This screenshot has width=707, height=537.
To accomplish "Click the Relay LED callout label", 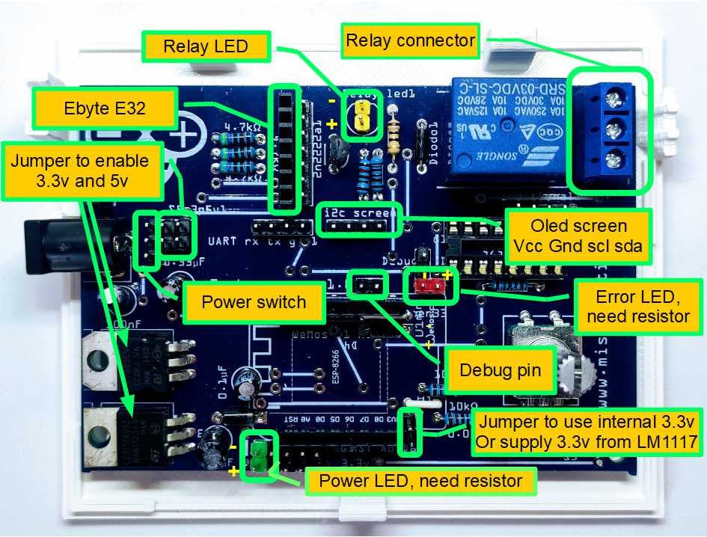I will (206, 47).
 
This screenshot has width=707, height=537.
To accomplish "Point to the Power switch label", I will (254, 302).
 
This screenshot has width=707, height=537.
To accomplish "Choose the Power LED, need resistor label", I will (420, 479).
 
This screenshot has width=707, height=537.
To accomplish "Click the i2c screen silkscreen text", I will (355, 213).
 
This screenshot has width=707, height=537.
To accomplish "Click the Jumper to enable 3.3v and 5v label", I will (81, 171).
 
